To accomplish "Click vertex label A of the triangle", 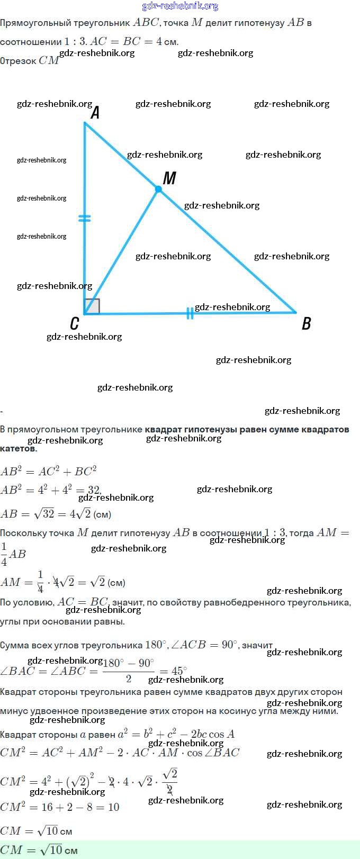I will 95,113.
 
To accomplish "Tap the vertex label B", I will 306,323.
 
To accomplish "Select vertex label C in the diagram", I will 75,323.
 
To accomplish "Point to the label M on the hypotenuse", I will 169,178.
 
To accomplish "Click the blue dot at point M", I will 158,189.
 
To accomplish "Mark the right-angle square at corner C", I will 92,306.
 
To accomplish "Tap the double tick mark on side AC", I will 84,218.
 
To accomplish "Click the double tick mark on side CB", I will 190,313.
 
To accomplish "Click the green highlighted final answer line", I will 39,850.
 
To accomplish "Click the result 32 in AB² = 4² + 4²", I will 93,490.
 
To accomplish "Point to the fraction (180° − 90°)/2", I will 129,671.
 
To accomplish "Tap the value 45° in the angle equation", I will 179,671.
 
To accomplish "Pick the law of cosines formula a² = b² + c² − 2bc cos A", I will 176,734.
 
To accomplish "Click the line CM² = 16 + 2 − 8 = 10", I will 59,807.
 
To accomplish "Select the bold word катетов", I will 19,449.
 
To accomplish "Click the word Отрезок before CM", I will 18,61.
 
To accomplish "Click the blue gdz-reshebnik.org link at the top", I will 180,6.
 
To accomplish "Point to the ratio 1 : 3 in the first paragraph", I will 75,41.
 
